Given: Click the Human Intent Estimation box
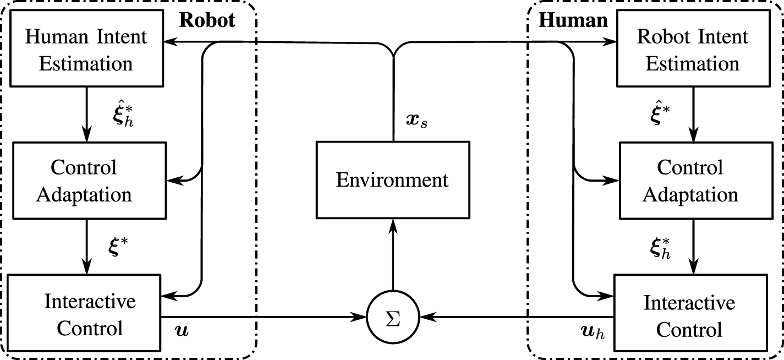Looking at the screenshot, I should coord(87,51).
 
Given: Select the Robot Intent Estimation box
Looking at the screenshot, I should coord(692,51).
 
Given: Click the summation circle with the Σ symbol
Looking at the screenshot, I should coord(393,317).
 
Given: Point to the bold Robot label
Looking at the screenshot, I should coord(207,20).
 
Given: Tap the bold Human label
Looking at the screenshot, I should coord(573,20).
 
